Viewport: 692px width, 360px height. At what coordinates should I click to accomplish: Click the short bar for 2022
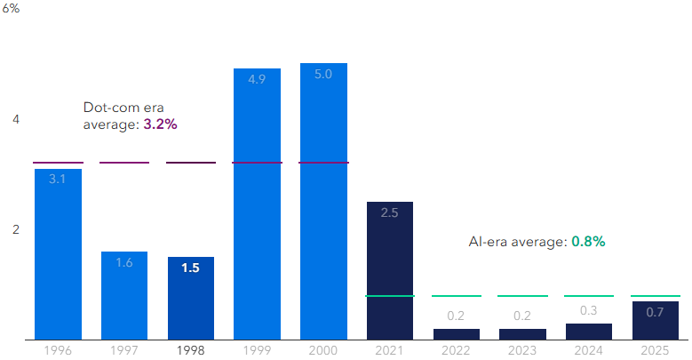(456, 334)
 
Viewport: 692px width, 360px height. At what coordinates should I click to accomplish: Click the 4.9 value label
(257, 79)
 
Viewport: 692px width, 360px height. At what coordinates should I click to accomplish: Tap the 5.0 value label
(323, 75)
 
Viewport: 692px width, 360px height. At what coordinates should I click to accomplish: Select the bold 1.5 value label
(190, 267)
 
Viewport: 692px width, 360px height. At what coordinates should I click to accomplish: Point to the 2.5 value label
(389, 213)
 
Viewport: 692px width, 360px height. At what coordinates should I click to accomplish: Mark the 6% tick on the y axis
(12, 8)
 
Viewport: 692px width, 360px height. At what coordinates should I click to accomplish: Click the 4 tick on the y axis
(15, 119)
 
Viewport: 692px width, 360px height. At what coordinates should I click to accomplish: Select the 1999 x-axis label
(257, 350)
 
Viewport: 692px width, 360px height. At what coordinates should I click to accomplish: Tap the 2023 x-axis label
(522, 350)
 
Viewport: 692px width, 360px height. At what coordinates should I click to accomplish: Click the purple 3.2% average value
(160, 124)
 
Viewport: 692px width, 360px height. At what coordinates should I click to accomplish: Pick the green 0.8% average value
(588, 241)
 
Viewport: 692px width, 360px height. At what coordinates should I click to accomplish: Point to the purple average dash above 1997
(124, 163)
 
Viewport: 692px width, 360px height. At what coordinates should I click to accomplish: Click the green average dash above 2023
(522, 296)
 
